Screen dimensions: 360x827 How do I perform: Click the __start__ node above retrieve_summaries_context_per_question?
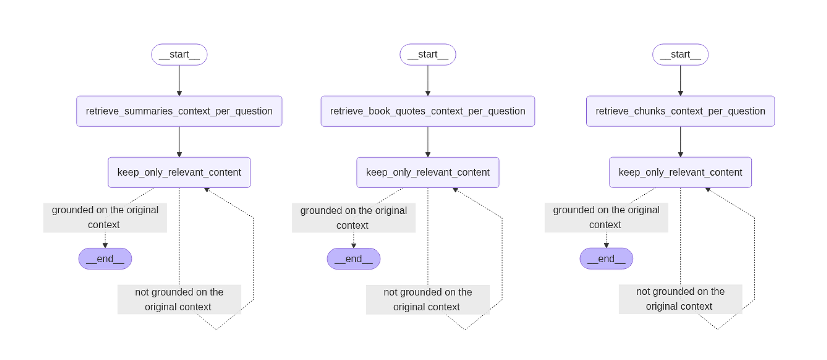point(179,55)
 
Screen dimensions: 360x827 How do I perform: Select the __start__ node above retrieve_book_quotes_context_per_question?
point(428,55)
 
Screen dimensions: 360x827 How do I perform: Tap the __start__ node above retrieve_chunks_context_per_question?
point(680,55)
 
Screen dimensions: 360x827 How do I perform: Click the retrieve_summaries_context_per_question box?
point(179,111)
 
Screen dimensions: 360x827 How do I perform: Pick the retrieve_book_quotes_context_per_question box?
point(428,111)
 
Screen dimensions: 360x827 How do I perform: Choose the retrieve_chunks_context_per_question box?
point(680,111)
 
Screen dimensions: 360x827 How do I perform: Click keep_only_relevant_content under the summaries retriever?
point(179,172)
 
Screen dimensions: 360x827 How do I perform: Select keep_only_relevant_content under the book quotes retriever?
point(428,172)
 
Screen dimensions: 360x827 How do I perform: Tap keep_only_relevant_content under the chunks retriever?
point(680,172)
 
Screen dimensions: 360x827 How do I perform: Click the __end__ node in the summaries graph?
point(105,259)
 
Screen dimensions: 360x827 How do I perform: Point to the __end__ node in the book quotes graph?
point(354,259)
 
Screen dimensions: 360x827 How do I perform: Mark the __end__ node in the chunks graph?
point(606,259)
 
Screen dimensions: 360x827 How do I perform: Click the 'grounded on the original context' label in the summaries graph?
point(105,217)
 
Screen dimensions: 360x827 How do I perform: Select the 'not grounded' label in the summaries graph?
point(179,299)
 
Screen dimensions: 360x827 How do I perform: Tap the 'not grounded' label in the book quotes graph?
point(428,299)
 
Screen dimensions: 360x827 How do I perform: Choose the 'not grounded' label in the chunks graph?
point(680,299)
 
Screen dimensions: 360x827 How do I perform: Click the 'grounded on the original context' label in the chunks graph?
point(606,217)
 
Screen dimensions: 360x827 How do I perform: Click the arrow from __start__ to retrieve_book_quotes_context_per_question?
point(428,80)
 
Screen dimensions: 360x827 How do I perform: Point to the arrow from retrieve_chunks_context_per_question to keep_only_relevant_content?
point(680,141)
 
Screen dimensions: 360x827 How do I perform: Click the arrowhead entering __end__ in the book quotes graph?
point(354,246)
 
